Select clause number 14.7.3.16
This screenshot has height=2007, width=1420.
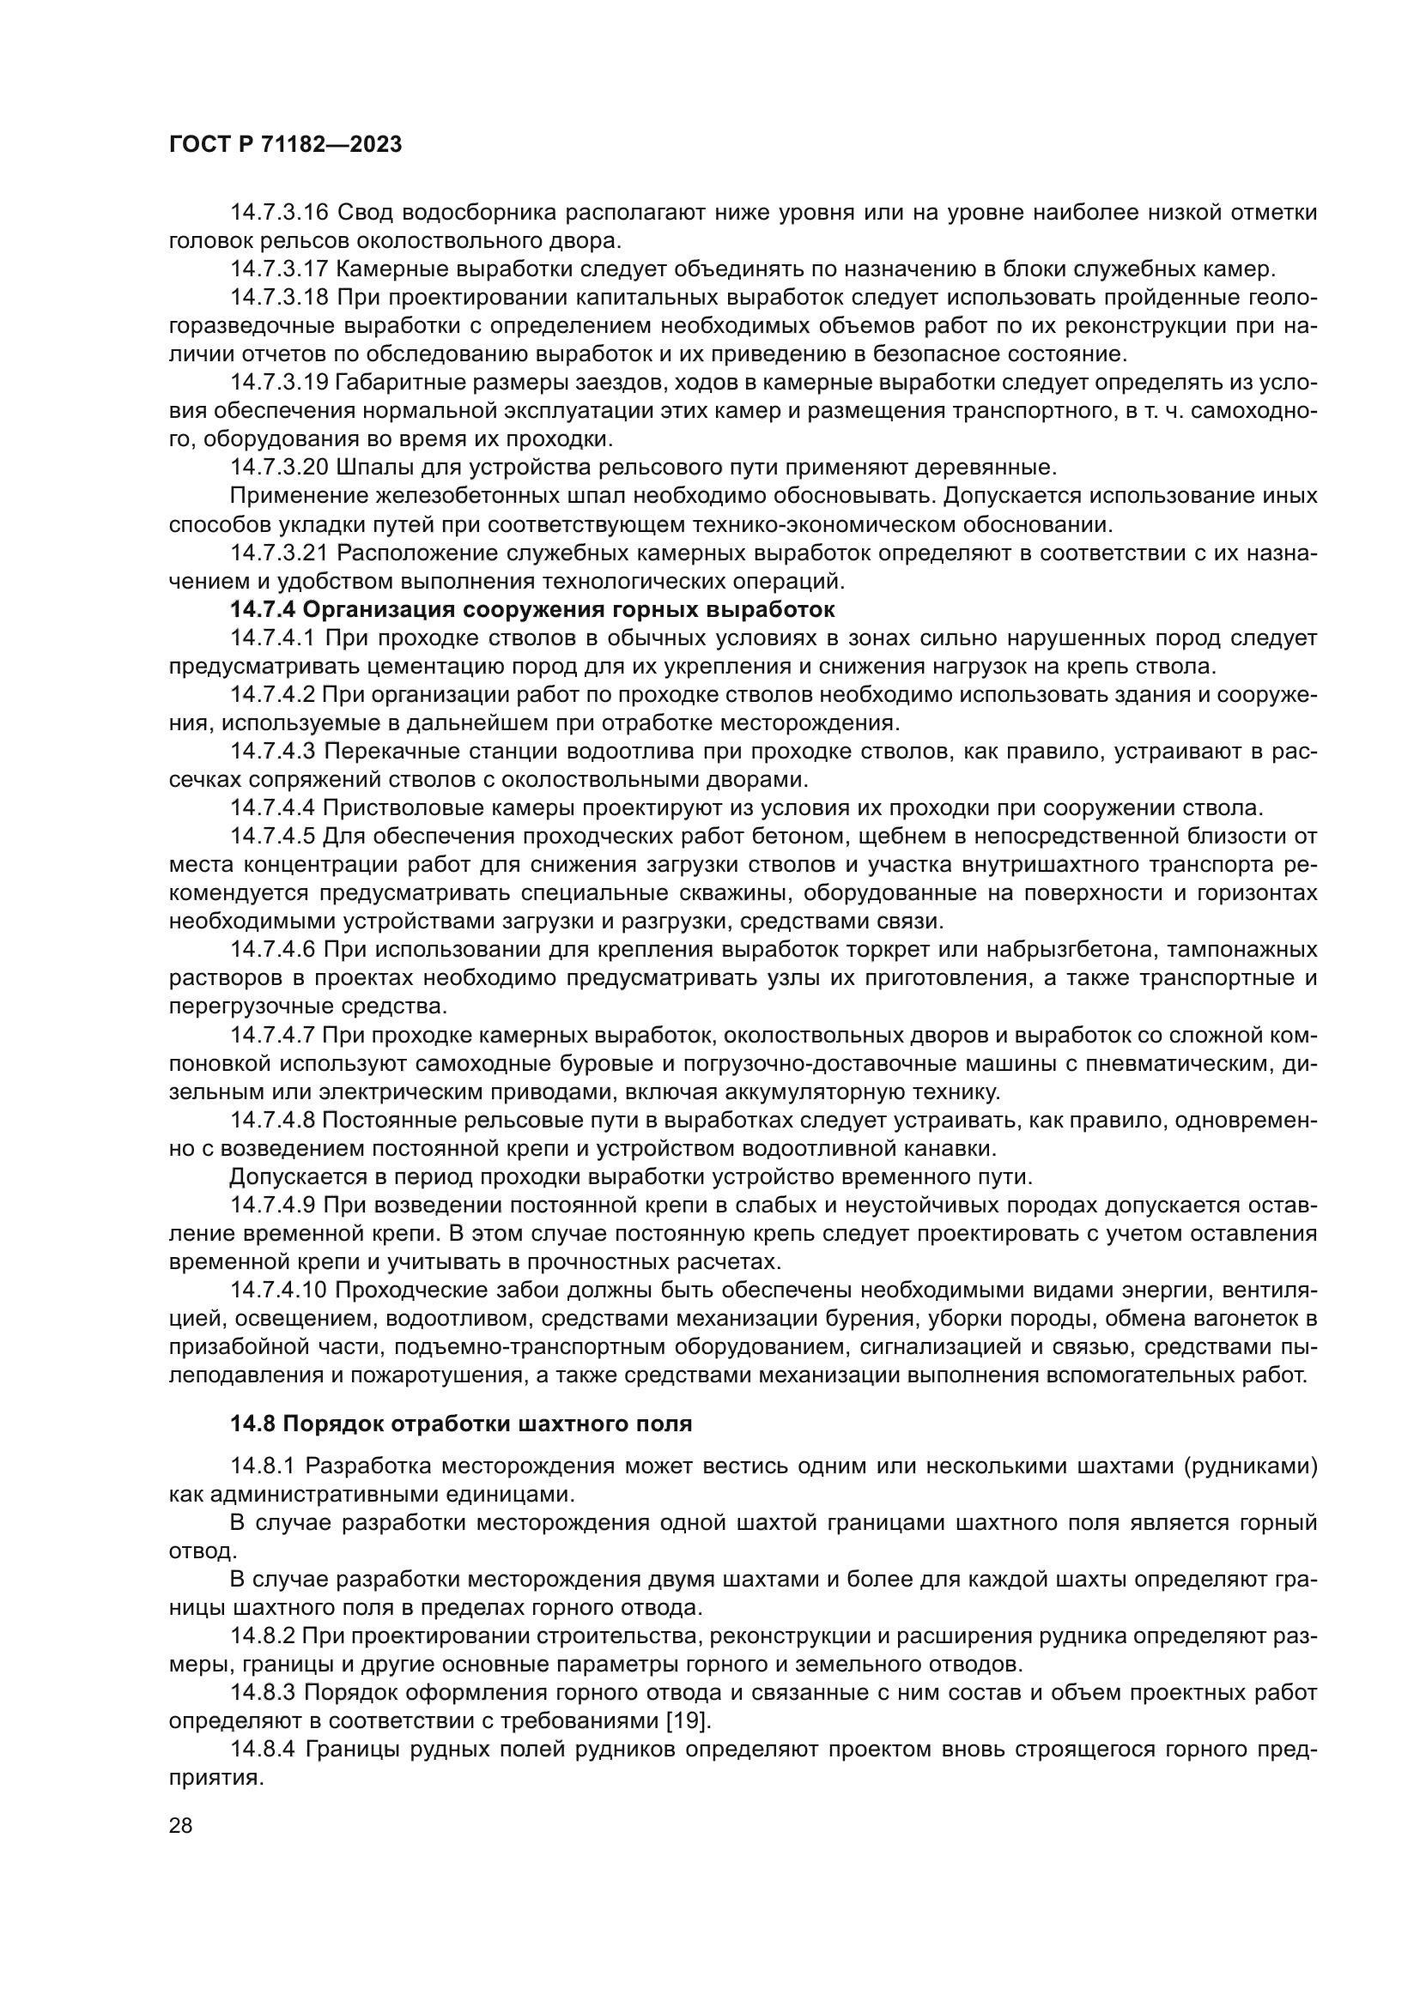(279, 213)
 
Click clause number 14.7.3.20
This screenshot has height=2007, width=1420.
(279, 467)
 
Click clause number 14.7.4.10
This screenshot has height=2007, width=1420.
(279, 1291)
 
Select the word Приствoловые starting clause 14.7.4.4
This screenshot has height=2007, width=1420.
(393, 807)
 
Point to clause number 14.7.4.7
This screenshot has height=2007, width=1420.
(273, 1035)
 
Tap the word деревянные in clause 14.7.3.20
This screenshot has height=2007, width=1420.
(986, 467)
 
